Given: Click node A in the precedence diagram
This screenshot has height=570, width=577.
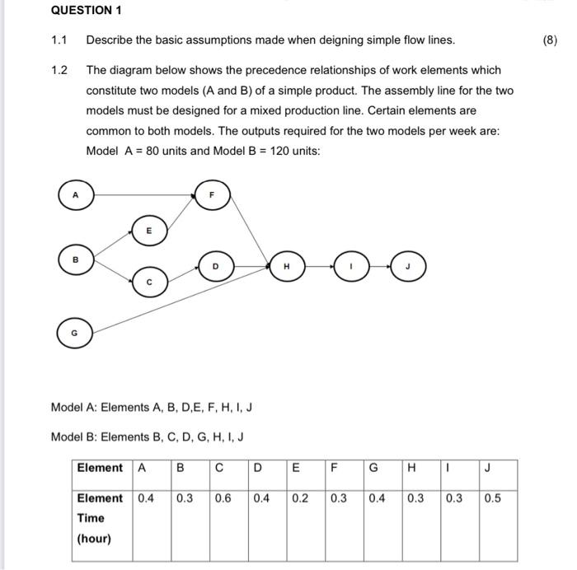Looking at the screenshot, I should pos(75,195).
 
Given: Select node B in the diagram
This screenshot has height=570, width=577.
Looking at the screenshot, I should pos(75,259).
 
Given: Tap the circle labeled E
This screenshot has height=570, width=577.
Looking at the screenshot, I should pos(149,231).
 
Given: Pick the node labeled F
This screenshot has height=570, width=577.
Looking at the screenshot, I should pos(212,195).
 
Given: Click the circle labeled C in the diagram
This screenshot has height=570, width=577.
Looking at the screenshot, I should pos(149,282).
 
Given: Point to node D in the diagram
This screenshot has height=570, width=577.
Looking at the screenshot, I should pos(216,266).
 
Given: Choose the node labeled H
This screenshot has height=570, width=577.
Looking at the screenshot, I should pos(286,266).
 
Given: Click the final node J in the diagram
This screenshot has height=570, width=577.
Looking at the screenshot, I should pos(407,266).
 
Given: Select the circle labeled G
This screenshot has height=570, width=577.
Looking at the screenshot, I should pos(75,333).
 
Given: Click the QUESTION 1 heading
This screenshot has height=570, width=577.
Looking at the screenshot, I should pos(86,11).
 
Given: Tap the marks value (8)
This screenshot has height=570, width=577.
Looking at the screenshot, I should pos(550,40).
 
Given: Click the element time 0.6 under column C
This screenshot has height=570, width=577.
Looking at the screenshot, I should pos(223,498).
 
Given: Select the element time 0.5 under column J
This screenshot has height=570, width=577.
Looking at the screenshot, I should pos(492,498).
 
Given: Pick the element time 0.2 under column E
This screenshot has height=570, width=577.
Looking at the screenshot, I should pos(300,498).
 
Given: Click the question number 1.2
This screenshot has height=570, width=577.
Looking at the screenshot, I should pos(59,70).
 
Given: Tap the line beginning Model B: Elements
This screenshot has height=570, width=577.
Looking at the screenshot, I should pos(147,437).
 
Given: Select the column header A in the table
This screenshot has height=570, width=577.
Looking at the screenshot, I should pos(143,468).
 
